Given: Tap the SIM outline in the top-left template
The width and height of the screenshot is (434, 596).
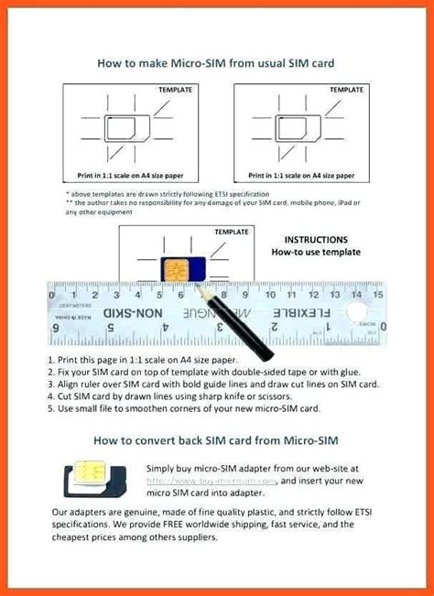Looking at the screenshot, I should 127,130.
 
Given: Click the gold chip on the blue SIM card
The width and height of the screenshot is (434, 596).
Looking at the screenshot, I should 173,271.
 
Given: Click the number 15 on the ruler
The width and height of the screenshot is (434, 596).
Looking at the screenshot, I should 375,295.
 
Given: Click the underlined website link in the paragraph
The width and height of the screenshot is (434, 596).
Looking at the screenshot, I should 217,480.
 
